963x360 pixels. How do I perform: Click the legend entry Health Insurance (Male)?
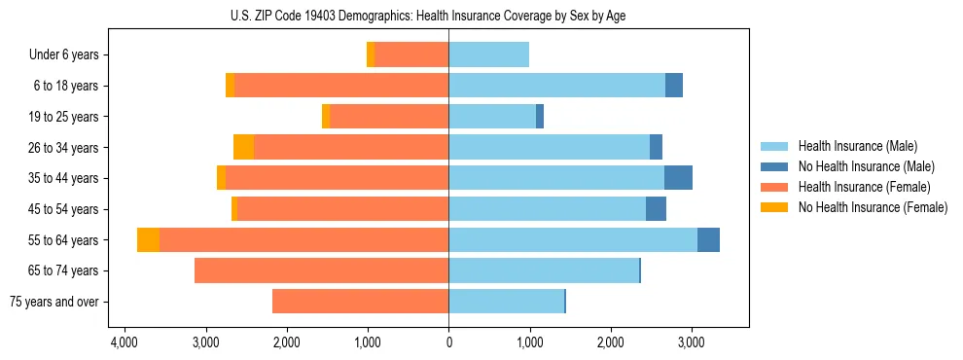(x=858, y=146)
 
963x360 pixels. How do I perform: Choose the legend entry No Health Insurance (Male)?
(x=866, y=166)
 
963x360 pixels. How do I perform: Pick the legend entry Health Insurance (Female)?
(x=864, y=187)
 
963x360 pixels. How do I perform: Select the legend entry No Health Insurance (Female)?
(x=873, y=207)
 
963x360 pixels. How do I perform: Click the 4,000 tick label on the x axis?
(x=125, y=343)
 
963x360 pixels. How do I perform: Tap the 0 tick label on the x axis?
(x=448, y=343)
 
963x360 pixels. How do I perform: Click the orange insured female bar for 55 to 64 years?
(x=303, y=240)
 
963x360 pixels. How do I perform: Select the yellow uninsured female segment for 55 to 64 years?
(x=148, y=240)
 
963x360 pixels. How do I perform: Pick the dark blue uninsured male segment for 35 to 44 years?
(x=678, y=178)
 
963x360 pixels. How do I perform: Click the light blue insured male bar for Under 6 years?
(x=488, y=55)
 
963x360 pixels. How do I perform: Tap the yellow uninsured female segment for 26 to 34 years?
(x=243, y=147)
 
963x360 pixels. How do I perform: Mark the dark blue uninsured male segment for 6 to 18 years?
(x=674, y=86)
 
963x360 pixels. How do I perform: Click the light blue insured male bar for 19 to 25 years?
(x=492, y=117)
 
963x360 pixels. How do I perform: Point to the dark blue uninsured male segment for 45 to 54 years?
(x=656, y=209)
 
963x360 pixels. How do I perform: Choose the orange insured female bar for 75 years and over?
(x=360, y=302)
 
